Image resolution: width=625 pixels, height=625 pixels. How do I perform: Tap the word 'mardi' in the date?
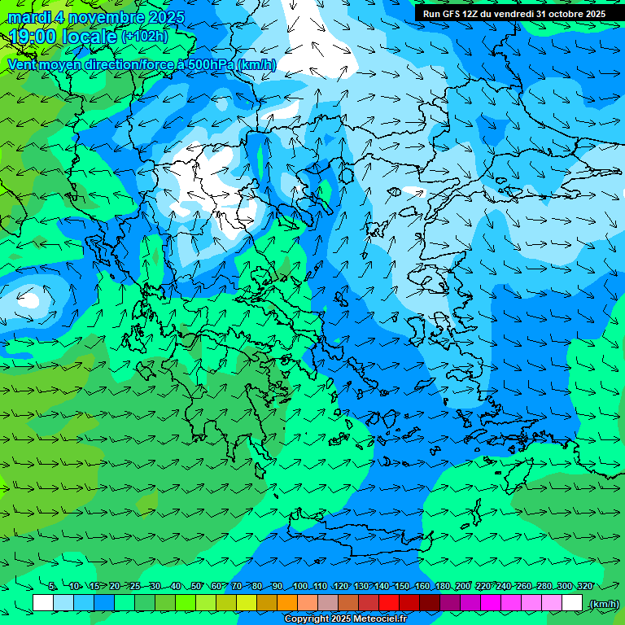point(29,17)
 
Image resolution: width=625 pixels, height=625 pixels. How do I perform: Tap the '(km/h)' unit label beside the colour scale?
point(603,604)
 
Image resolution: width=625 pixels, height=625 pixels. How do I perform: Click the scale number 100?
point(300,586)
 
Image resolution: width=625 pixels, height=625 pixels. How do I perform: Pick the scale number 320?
point(585,586)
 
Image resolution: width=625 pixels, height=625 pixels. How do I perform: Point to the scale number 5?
point(52,586)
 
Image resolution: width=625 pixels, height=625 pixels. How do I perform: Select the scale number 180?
point(443,586)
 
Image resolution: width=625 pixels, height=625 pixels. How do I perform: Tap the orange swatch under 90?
point(287,603)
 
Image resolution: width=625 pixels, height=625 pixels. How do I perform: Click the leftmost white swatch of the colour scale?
point(43,603)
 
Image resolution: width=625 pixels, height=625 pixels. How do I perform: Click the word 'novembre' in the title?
point(102,17)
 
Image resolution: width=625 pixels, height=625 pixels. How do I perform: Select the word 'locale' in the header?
point(91,37)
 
